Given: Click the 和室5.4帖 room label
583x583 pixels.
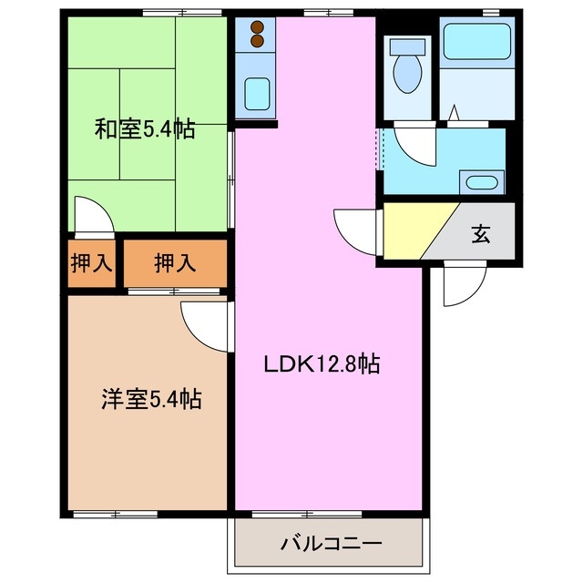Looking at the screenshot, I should (x=145, y=129).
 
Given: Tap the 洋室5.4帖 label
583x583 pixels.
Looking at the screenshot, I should (x=150, y=398).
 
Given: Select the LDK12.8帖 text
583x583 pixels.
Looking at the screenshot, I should (x=322, y=365).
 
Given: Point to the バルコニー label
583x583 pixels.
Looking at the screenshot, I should (x=331, y=544).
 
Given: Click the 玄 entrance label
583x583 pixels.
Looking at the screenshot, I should (x=480, y=234).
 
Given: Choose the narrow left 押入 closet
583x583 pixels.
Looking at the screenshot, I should (x=91, y=264).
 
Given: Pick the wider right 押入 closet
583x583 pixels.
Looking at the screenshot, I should (x=174, y=264).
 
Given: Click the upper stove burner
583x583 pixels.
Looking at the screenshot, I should (x=256, y=27).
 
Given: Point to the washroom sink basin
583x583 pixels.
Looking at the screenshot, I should (x=481, y=179).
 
